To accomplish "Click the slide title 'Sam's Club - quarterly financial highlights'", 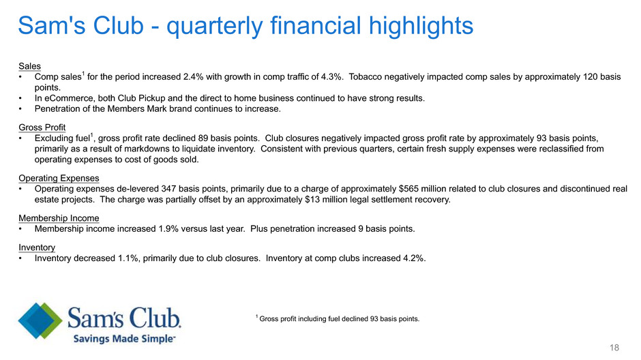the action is tap(245, 26).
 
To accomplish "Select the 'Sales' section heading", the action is tap(29, 66).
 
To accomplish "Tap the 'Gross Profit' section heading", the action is tap(42, 127).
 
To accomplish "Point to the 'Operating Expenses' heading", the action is tap(59, 178).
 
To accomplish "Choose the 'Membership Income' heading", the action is tap(59, 218).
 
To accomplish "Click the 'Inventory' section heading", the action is tap(37, 247).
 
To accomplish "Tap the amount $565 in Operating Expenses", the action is tap(408, 189).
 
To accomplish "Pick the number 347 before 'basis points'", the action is tap(168, 189).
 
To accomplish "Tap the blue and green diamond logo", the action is tap(40, 320).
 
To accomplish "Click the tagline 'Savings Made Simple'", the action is tap(124, 339).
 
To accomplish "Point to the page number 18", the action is tap(614, 348).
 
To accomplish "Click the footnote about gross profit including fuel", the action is tap(338, 318).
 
